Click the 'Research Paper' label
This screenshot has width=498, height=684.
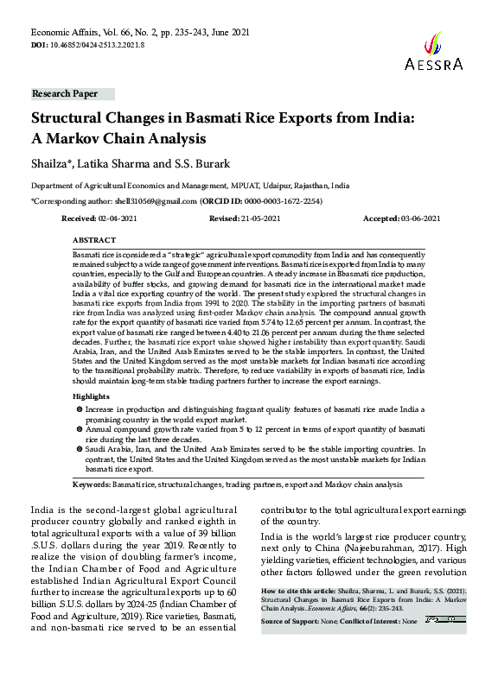coord(65,92)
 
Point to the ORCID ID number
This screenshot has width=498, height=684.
coord(281,199)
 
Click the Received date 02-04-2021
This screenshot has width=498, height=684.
coord(119,220)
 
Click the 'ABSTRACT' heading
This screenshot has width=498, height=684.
coord(94,238)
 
